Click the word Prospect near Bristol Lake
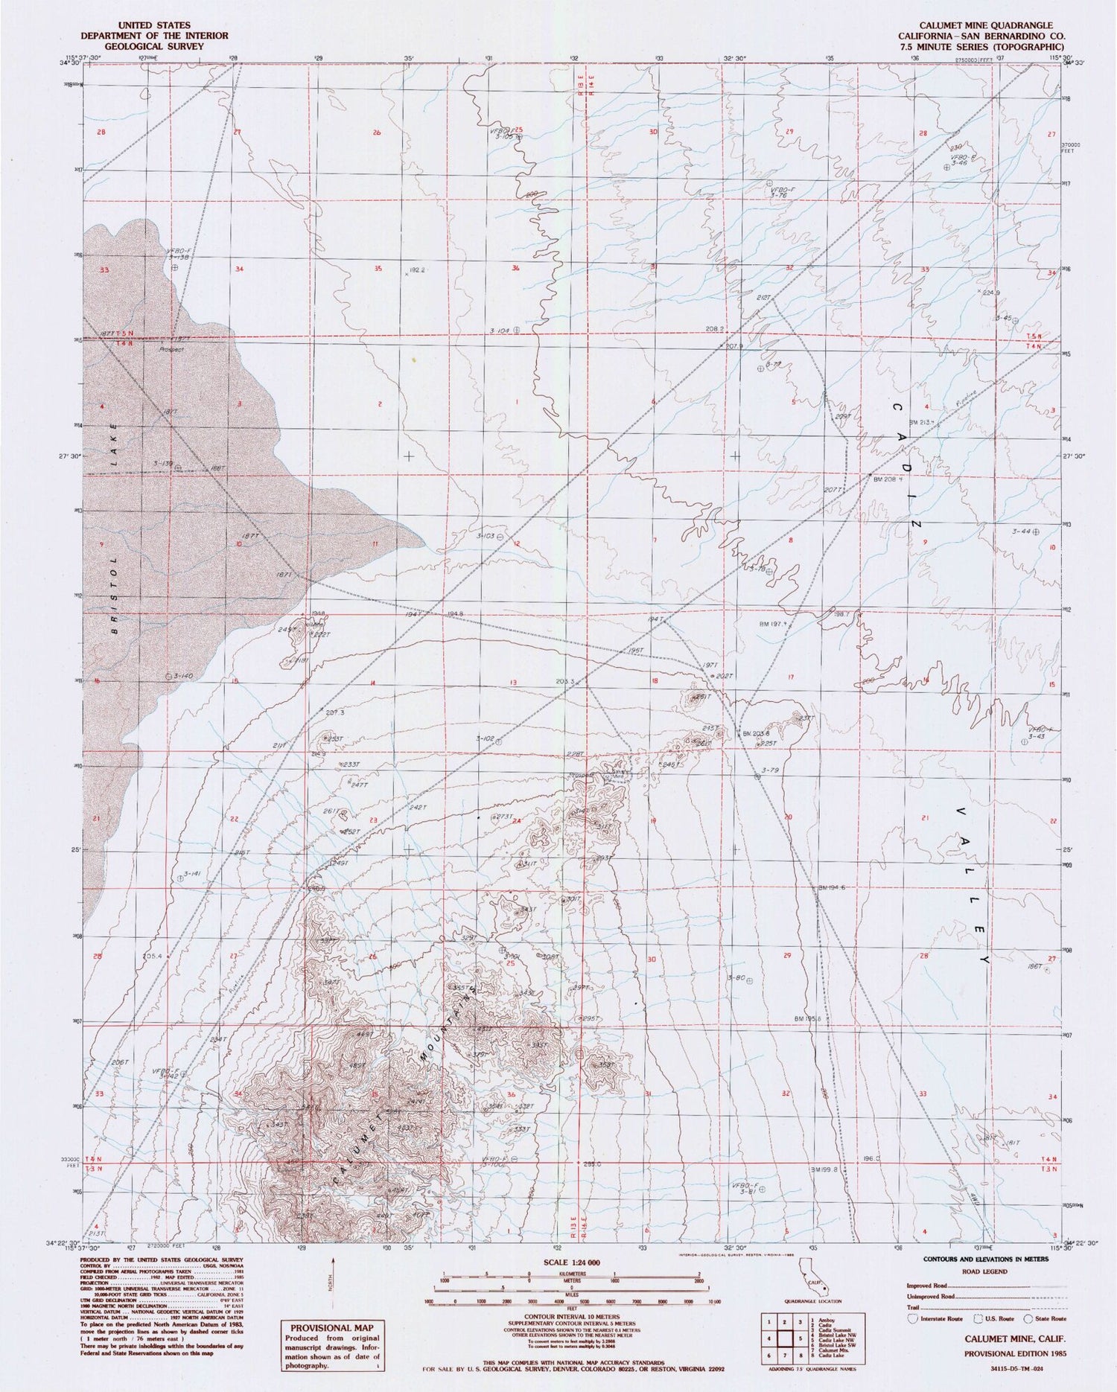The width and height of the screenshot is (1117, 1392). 171,348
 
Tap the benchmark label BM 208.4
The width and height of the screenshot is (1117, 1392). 888,479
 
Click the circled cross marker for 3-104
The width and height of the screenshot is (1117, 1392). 515,328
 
